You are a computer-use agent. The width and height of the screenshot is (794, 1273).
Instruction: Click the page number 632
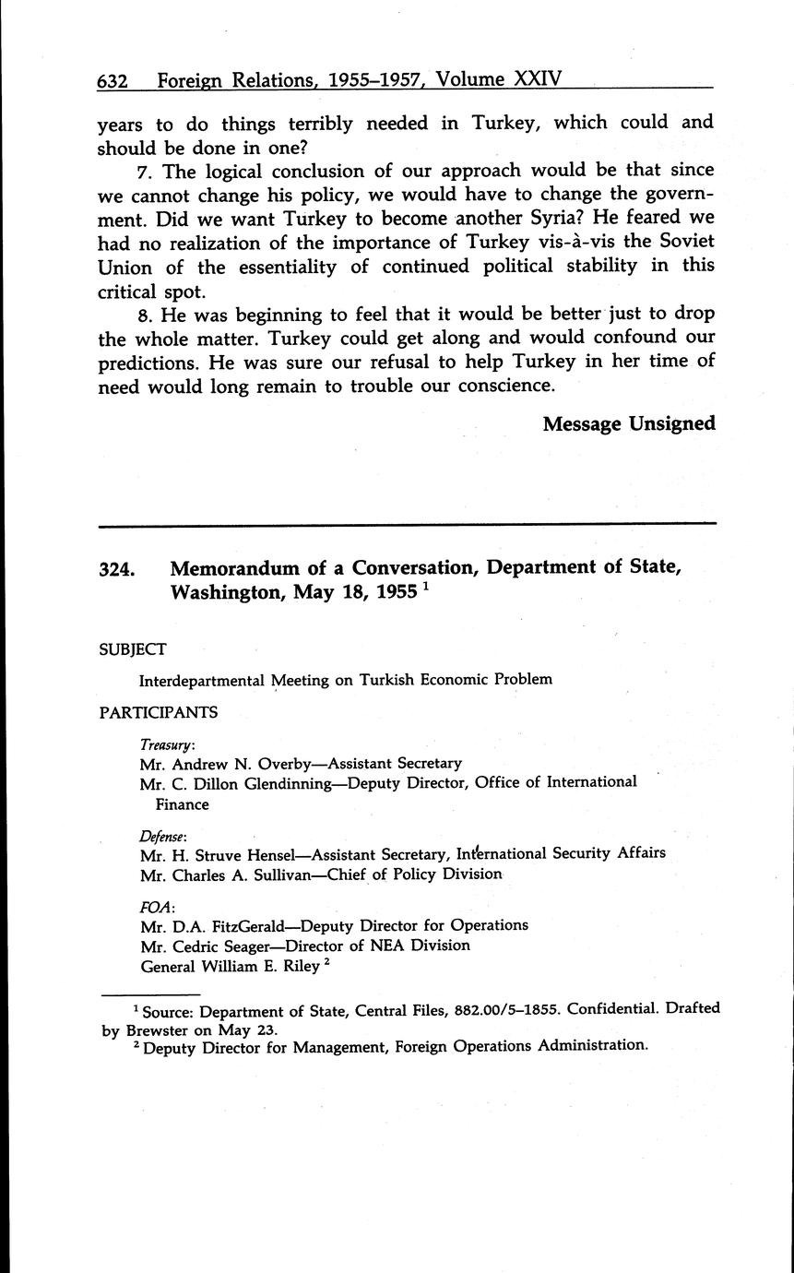112,81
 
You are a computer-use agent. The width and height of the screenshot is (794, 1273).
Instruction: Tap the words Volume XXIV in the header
499,80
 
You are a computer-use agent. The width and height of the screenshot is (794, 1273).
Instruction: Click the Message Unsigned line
629,423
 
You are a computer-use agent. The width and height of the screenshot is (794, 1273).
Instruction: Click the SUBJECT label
132,649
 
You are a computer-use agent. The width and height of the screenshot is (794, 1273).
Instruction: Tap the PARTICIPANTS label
158,711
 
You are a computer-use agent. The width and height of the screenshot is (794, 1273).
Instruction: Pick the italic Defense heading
163,835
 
